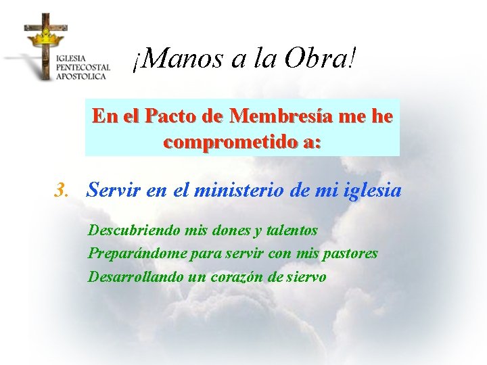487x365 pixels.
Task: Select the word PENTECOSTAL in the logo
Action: (x=83, y=68)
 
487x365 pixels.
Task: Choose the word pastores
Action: (x=350, y=253)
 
